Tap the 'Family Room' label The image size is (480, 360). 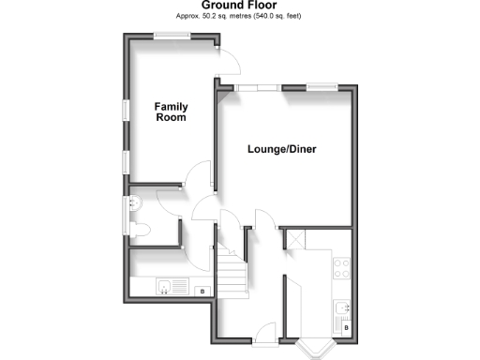pos(171,112)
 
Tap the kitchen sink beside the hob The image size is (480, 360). pos(343,307)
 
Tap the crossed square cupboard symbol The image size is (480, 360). pos(292,240)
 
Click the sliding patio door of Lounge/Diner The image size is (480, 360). pos(257,88)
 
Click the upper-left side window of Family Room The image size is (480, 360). pos(124,109)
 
